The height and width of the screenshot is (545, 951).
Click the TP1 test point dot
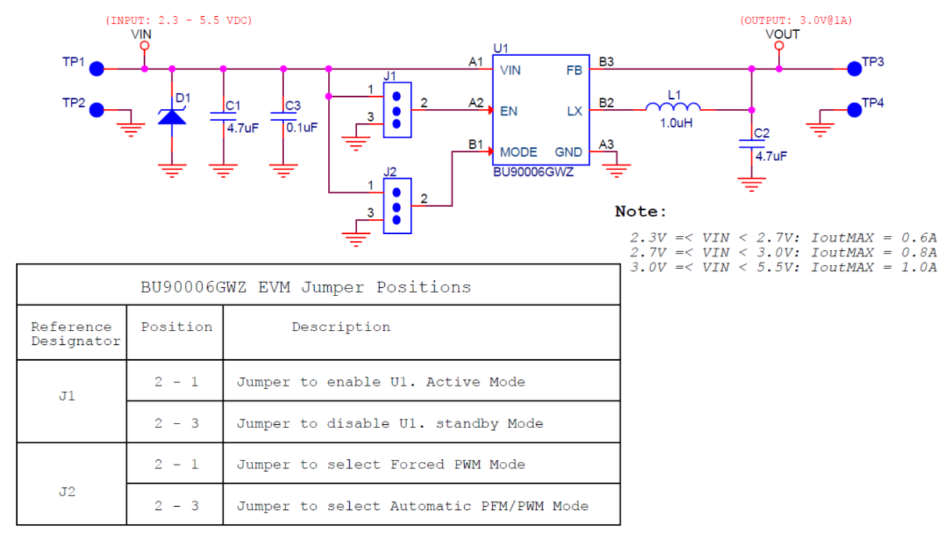(x=97, y=69)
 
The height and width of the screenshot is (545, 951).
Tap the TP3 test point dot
(x=854, y=69)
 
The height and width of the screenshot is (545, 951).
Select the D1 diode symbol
(x=172, y=117)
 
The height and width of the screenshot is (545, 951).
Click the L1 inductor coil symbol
(x=673, y=107)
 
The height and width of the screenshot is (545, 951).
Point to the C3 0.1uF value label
(x=302, y=128)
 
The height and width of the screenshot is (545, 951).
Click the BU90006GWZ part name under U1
(x=533, y=172)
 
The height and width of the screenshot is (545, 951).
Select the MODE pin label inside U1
(x=518, y=152)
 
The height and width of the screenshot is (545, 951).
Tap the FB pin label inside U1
(x=574, y=70)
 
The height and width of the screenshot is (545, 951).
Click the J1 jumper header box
(x=397, y=110)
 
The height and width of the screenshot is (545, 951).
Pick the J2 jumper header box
(x=397, y=206)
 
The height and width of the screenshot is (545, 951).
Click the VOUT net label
(x=782, y=34)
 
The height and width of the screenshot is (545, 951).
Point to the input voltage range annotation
(x=179, y=21)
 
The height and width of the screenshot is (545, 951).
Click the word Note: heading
(x=640, y=212)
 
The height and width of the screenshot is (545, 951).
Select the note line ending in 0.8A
(x=783, y=253)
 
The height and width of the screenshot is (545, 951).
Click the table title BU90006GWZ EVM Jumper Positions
(x=306, y=287)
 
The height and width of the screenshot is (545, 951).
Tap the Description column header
(x=341, y=327)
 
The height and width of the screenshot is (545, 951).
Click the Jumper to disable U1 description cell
(x=389, y=424)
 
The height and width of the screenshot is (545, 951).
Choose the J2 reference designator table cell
(x=68, y=492)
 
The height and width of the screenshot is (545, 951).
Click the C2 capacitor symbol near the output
(x=752, y=144)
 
